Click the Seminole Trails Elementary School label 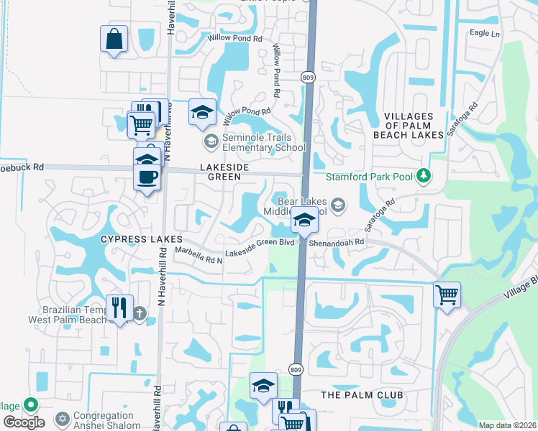coord(265,141)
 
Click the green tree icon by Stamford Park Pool coord(424,175)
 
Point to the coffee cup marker coord(147,176)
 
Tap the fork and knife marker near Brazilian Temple coord(119,308)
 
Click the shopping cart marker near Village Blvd coord(447,294)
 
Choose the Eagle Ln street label coord(484,33)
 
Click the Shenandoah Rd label coord(337,243)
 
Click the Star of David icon coord(62,417)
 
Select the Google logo coord(24,422)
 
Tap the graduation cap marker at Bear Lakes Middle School coord(304,220)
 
